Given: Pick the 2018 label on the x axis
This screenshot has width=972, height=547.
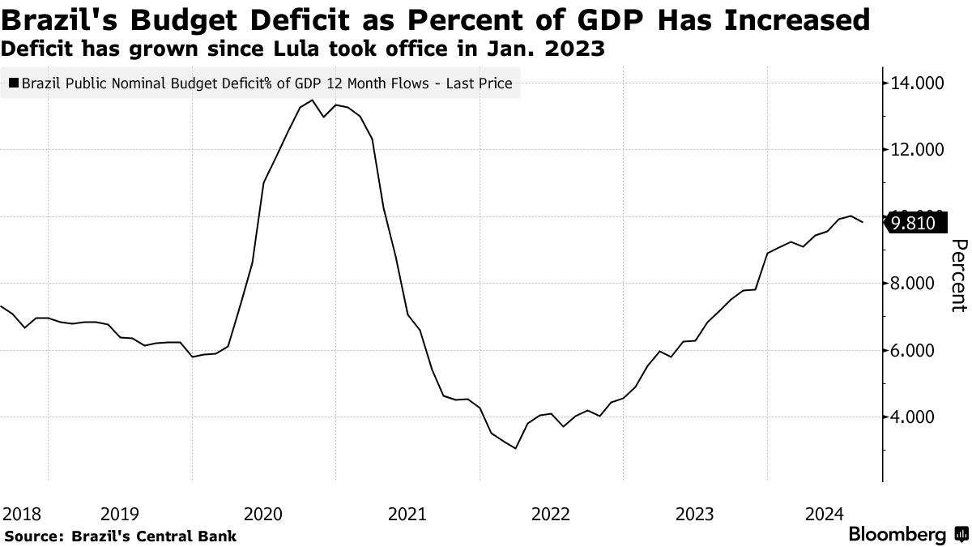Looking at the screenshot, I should tap(22, 514).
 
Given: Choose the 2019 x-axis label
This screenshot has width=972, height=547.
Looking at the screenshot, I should tap(121, 514).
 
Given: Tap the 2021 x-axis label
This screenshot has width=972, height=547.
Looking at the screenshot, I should tap(408, 514).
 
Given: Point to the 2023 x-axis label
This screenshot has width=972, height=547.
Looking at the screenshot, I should tap(696, 514).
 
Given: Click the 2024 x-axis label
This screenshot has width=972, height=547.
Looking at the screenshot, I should tap(825, 514).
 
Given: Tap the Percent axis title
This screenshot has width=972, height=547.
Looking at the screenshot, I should tap(958, 276).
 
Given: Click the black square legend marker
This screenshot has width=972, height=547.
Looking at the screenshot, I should tap(14, 83).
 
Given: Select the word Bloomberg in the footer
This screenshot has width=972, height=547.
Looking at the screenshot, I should tap(897, 535).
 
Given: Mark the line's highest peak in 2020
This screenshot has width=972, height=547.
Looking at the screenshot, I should tap(313, 100).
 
